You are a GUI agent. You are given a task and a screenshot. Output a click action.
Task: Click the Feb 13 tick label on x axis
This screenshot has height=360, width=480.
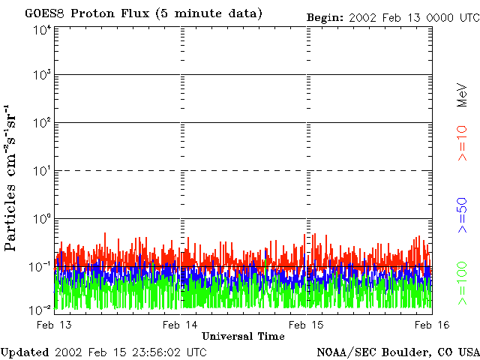click(55, 324)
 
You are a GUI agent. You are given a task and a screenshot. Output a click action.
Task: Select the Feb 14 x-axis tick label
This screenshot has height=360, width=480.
click(181, 324)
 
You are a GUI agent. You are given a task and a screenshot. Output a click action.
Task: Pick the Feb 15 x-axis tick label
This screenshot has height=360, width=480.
click(307, 324)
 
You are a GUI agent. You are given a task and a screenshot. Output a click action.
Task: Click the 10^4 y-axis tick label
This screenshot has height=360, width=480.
click(42, 30)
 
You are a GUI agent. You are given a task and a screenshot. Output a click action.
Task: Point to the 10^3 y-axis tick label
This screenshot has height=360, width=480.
click(42, 75)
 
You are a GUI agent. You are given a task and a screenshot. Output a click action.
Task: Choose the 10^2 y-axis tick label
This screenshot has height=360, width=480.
click(42, 122)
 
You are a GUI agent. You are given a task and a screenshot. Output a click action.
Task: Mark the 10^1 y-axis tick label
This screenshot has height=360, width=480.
click(42, 170)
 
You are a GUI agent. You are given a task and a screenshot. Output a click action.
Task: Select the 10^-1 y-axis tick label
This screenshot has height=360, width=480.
click(40, 265)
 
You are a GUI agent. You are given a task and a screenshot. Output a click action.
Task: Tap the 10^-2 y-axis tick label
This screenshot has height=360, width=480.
click(40, 310)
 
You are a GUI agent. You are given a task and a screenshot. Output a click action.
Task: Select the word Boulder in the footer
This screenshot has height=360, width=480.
click(406, 352)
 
